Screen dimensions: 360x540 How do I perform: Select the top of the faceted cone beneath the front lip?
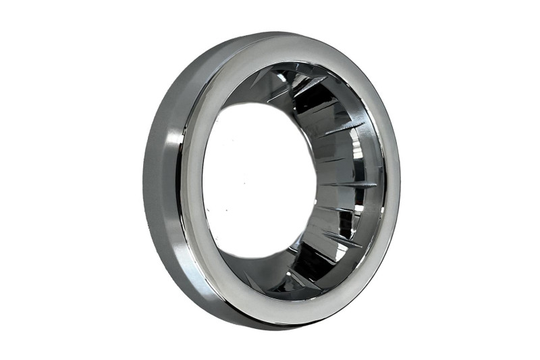click(297, 68)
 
